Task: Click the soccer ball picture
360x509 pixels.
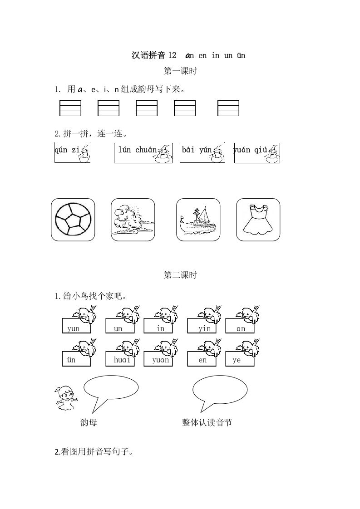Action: point(73,220)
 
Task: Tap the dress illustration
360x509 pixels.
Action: point(258,220)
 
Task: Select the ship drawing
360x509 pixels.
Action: point(197,220)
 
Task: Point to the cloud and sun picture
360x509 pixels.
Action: point(133,220)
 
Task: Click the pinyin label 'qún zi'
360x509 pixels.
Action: point(67,150)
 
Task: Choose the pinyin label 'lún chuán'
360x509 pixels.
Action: point(137,150)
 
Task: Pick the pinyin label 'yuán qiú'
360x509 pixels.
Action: point(249,150)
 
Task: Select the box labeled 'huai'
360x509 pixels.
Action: point(118,360)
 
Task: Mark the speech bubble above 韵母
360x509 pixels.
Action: point(111,388)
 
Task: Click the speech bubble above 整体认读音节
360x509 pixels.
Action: point(220,389)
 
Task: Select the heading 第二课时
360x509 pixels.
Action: point(180,275)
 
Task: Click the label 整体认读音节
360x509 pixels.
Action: point(207,422)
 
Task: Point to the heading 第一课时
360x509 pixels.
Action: point(180,71)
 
